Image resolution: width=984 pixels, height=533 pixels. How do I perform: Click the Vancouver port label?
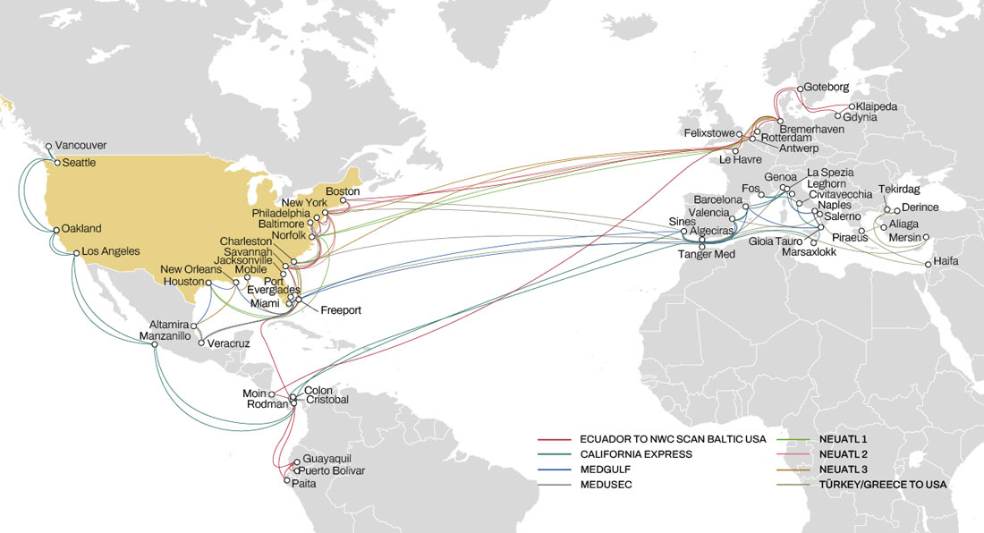pos(81,145)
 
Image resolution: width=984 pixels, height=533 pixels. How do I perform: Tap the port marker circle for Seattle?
pos(56,163)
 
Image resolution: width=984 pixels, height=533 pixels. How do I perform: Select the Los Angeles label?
pos(111,251)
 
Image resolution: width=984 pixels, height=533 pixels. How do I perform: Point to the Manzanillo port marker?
pos(155,345)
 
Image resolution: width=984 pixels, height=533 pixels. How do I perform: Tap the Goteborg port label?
pos(826,88)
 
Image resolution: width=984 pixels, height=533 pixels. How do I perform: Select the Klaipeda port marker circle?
pos(852,107)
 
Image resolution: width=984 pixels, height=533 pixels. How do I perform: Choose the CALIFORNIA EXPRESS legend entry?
pos(635,454)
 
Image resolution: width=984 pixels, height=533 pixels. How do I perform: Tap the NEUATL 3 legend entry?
pos(844,470)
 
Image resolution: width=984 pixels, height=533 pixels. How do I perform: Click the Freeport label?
pos(342,310)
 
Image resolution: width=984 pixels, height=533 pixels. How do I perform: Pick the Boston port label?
pos(342,191)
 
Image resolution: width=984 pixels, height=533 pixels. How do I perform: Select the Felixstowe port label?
pos(708,132)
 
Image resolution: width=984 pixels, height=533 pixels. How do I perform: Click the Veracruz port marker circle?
pos(201,343)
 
